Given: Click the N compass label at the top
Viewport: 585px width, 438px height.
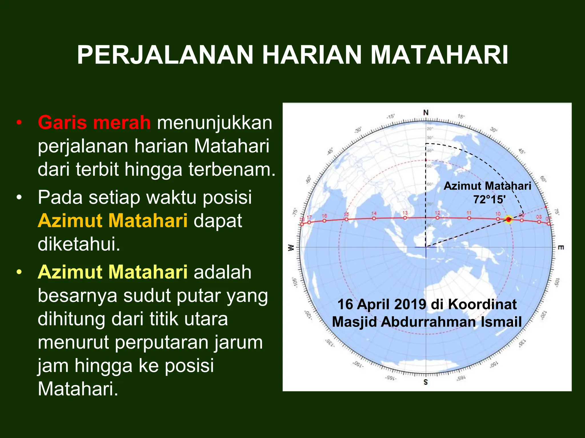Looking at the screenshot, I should click(426, 113).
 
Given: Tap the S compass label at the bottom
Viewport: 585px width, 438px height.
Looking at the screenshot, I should click(426, 382).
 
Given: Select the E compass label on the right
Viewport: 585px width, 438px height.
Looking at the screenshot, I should click(561, 248).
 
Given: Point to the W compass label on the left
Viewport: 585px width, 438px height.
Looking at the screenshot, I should click(291, 248).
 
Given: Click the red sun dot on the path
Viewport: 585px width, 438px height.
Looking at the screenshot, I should click(508, 220).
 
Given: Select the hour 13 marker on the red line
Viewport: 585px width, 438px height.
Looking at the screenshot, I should click(405, 218).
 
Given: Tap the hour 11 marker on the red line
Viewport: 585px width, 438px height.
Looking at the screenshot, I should click(469, 218).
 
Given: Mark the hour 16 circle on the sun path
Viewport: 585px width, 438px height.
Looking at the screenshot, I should click(324, 221).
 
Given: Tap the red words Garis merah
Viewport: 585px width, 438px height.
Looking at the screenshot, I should click(94, 123).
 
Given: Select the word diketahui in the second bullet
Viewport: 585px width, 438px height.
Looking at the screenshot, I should click(79, 244).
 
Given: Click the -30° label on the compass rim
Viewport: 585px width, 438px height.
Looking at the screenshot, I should click(358, 130).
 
